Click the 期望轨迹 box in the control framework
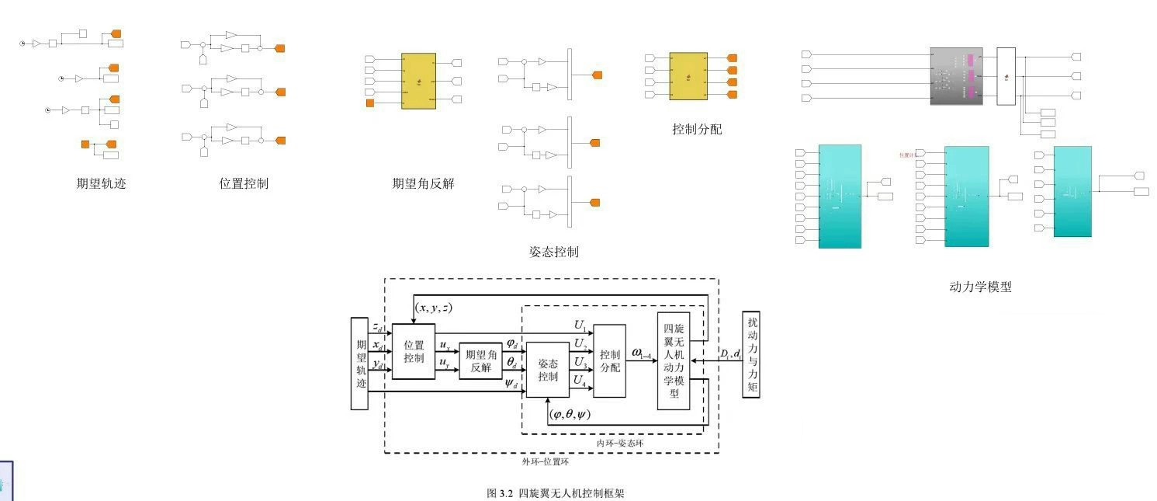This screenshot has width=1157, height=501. click(359, 363)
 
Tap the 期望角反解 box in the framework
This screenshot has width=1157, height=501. click(481, 361)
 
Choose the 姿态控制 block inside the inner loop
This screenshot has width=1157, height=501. click(548, 370)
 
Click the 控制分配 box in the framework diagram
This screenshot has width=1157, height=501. click(610, 361)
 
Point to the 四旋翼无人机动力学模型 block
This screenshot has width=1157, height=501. click(674, 361)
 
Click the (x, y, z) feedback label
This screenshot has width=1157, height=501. click(433, 308)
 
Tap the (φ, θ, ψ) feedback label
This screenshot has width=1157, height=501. click(569, 415)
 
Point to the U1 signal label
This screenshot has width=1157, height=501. click(580, 326)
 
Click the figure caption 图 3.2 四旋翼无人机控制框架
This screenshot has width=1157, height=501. click(555, 493)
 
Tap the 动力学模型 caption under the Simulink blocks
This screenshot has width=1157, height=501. click(980, 287)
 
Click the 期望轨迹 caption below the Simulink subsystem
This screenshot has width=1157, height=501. click(101, 184)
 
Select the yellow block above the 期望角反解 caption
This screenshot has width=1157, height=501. click(418, 81)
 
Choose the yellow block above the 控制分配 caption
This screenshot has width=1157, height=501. click(688, 76)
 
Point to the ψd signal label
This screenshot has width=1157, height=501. click(512, 384)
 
